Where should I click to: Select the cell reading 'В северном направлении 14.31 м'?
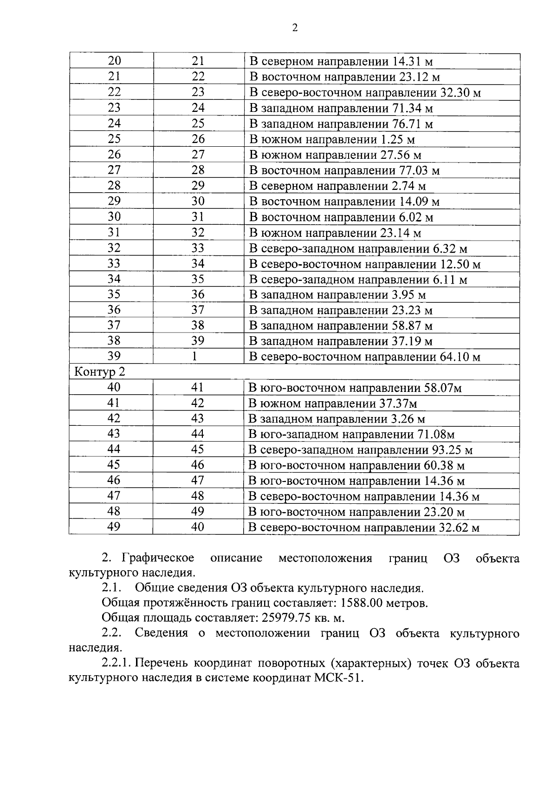pyautogui.click(x=341, y=61)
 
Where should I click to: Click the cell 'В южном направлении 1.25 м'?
pyautogui.click(x=332, y=139)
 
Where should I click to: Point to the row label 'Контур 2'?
pyautogui.click(x=100, y=372)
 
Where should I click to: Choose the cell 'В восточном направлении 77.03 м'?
pyautogui.click(x=344, y=170)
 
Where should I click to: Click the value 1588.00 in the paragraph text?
pyautogui.click(x=360, y=603)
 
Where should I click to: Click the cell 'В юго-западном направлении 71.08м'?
pyautogui.click(x=351, y=435)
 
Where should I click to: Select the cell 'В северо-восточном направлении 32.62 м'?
pyautogui.click(x=364, y=528)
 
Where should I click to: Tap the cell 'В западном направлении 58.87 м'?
pyautogui.click(x=341, y=326)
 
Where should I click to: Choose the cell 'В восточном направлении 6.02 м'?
pyautogui.click(x=341, y=217)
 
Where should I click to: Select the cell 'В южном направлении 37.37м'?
pyautogui.click(x=333, y=404)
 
